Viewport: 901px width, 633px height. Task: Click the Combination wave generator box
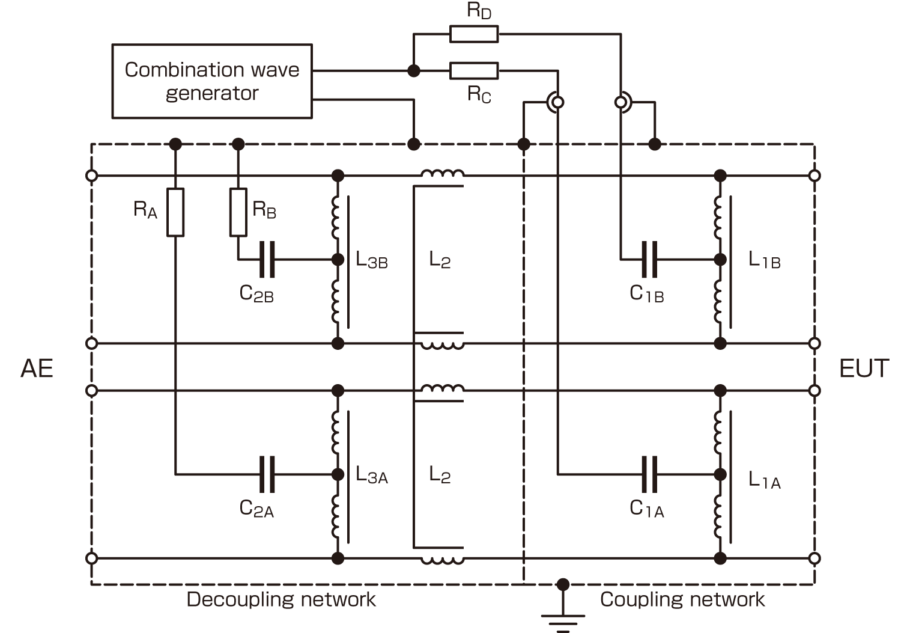coord(211,81)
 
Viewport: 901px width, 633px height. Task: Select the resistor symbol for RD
coord(474,34)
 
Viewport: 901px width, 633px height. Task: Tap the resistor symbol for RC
coord(474,71)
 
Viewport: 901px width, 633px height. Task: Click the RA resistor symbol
coord(175,212)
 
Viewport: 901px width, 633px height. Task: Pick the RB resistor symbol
coord(238,212)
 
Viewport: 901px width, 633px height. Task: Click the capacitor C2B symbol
coord(267,260)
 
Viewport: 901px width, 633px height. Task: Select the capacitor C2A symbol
coord(267,474)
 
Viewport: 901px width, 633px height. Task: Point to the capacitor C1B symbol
coord(649,260)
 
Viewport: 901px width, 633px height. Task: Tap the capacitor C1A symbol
coord(649,474)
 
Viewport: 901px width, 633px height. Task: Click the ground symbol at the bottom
coord(563,619)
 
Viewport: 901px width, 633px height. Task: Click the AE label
coord(37,368)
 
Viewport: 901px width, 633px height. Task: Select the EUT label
coord(863,368)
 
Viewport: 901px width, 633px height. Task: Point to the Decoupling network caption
coord(281,599)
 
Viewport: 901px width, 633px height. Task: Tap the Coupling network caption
coord(682,599)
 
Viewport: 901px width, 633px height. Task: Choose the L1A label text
coord(764,480)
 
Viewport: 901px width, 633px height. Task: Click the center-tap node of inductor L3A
coord(338,474)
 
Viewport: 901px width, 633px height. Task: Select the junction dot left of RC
coord(413,71)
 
